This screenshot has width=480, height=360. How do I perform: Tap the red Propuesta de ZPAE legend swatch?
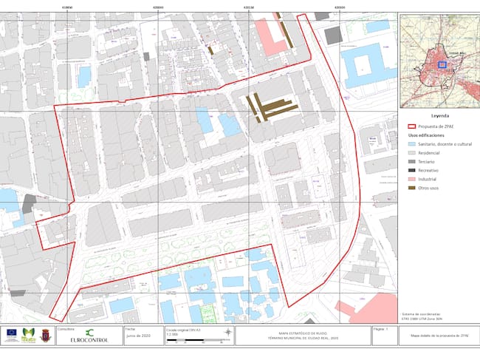(412, 126)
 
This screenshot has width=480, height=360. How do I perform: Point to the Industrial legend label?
(428, 180)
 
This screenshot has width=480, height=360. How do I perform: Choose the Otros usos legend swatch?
(412, 189)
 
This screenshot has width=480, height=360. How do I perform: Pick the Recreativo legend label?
(430, 171)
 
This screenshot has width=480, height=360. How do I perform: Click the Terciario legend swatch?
(412, 161)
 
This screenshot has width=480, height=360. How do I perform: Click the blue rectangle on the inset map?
(442, 64)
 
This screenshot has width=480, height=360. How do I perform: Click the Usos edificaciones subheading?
(429, 135)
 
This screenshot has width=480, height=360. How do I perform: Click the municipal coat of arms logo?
(46, 334)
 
